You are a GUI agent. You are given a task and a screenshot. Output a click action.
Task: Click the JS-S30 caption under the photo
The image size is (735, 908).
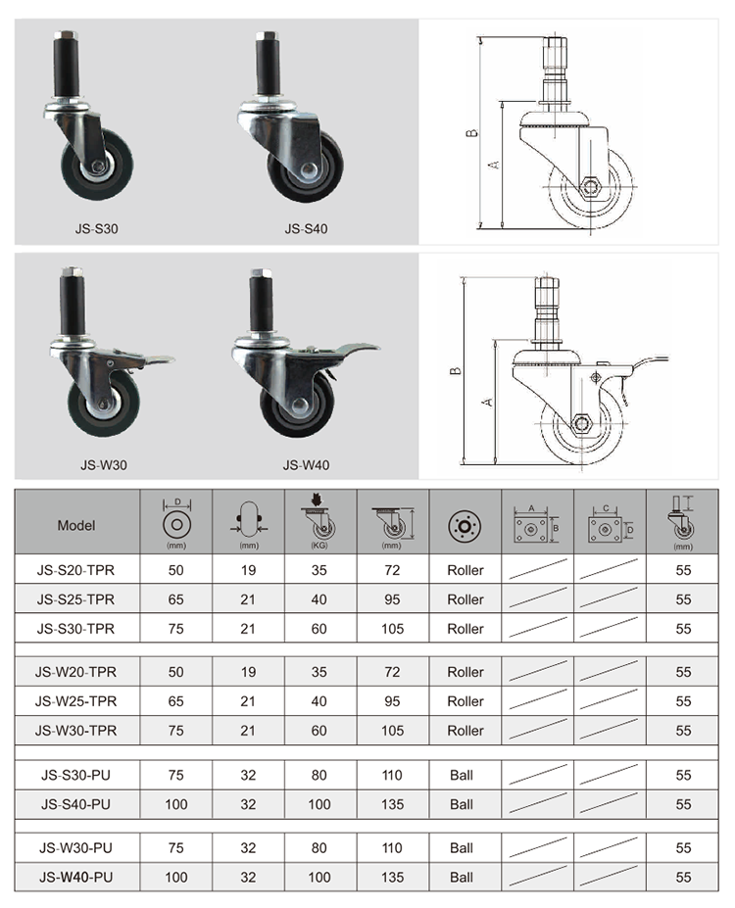[x=97, y=229]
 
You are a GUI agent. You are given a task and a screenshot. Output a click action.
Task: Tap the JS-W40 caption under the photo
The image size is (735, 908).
[x=307, y=465]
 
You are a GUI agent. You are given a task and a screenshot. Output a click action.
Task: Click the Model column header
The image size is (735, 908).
[x=76, y=526]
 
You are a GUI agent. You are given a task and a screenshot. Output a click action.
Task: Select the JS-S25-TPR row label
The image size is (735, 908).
[x=75, y=599]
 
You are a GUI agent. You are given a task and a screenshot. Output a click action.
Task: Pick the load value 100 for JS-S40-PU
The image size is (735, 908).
[x=319, y=804]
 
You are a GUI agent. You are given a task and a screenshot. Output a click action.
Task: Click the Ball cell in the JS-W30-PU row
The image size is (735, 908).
[x=462, y=848]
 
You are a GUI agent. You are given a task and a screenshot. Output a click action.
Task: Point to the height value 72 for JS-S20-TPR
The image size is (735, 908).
[x=392, y=570]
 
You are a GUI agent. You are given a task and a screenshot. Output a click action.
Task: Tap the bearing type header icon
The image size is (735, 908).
[x=465, y=526]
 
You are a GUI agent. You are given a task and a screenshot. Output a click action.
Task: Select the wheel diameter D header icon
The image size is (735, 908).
[x=176, y=522]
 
